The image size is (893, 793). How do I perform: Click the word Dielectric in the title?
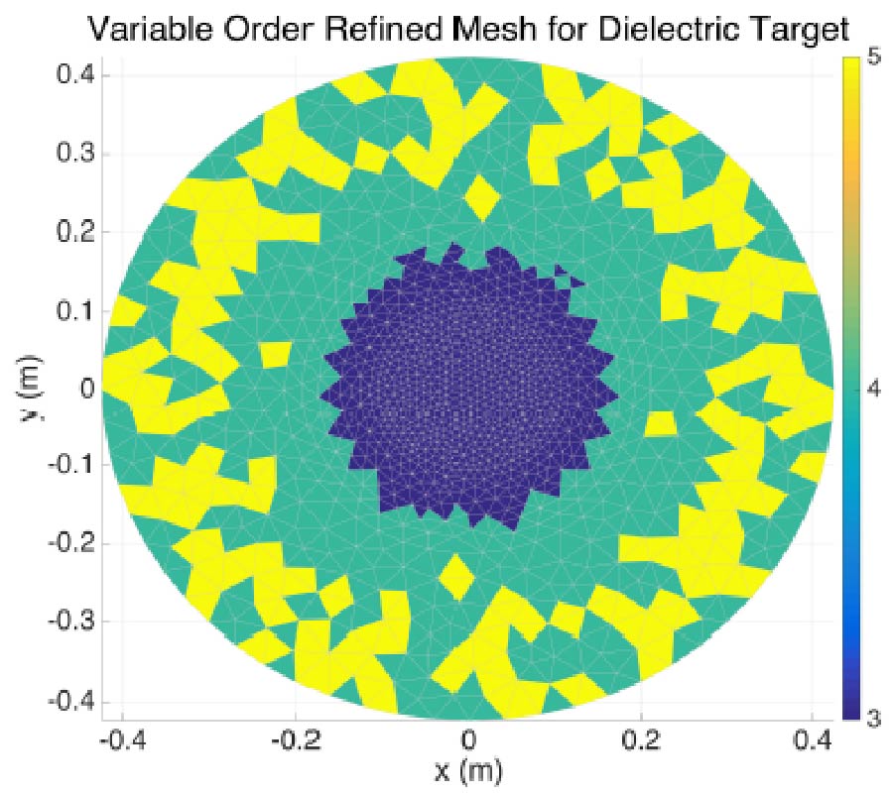click(x=667, y=29)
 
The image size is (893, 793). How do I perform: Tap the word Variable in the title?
click(x=155, y=29)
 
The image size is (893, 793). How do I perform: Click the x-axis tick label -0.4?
click(x=120, y=738)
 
